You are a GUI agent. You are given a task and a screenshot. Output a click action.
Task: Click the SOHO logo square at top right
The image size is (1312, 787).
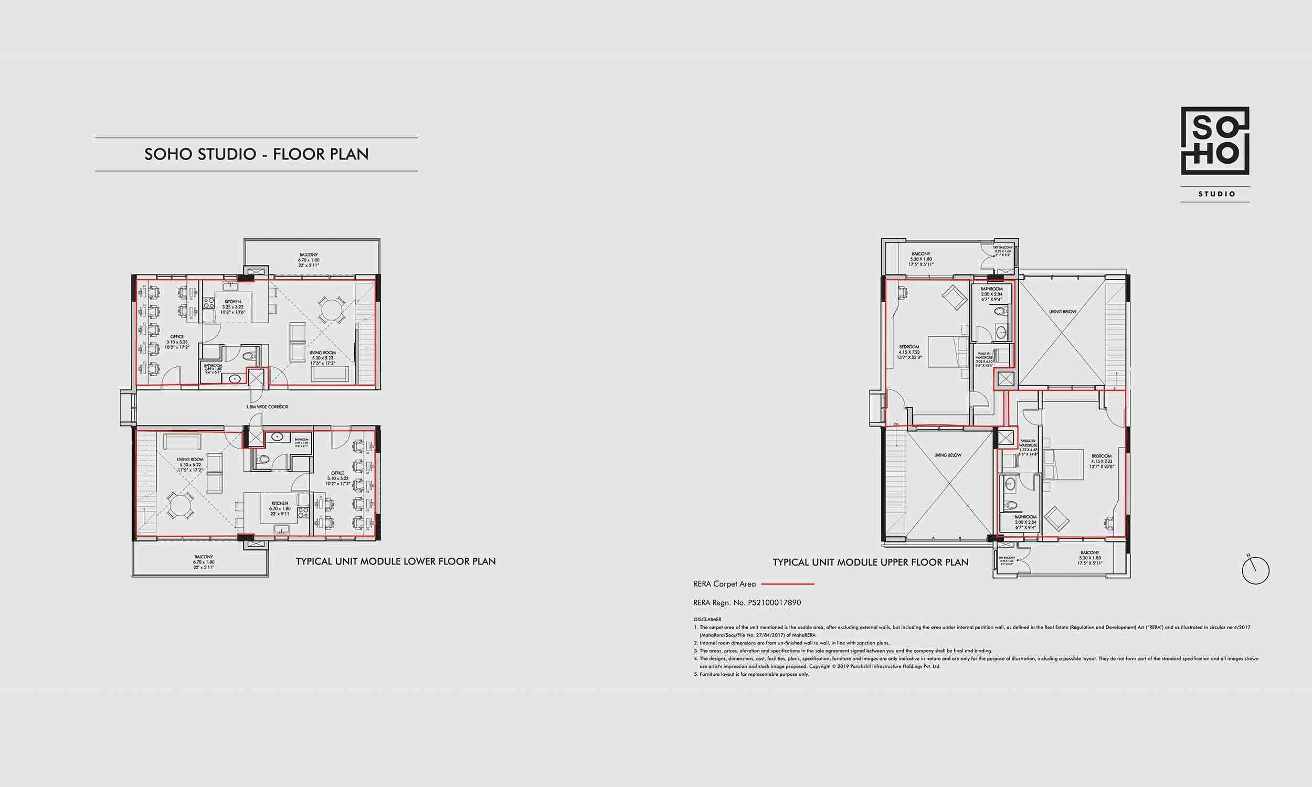tap(1215, 141)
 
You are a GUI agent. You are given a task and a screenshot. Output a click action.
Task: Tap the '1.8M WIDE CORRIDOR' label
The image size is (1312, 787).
tap(267, 407)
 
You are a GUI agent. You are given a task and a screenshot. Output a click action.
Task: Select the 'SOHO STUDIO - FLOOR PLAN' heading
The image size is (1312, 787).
tap(256, 154)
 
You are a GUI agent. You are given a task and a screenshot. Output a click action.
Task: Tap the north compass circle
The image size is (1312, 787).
tap(1256, 571)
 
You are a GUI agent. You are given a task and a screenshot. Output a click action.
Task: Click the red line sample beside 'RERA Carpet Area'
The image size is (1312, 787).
tap(788, 584)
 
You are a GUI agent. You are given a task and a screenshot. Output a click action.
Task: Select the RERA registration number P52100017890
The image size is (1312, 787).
tap(774, 602)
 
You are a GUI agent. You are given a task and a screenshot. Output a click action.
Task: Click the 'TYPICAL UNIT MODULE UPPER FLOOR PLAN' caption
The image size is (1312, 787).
tap(870, 562)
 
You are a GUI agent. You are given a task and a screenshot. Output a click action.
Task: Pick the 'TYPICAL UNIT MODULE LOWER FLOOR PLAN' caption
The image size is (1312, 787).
tap(396, 561)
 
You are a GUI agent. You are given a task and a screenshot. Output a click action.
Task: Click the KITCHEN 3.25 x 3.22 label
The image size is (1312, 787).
tap(232, 307)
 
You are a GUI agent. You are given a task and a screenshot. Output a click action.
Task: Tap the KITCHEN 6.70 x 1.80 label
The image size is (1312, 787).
tap(280, 508)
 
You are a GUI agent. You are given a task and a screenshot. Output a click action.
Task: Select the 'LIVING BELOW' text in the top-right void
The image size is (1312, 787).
tap(1063, 312)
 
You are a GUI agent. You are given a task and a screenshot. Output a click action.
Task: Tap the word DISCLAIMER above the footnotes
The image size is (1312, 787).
tap(707, 620)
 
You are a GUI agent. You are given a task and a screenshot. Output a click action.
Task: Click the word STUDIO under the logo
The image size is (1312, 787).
tap(1217, 194)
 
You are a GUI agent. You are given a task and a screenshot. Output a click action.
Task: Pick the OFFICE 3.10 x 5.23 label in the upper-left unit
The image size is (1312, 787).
tap(176, 342)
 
